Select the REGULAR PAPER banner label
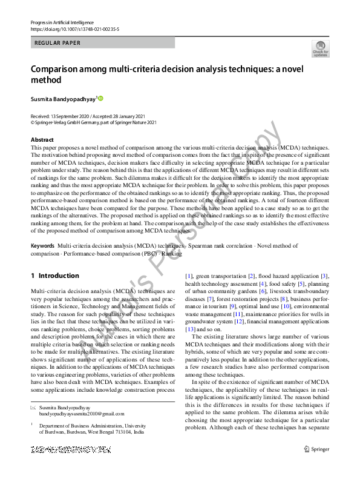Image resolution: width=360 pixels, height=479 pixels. pyautogui.click(x=58, y=43)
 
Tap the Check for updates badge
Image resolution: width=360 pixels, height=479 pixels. pyautogui.click(x=320, y=48)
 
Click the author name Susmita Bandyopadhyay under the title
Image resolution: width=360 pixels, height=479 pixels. pyautogui.click(x=62, y=98)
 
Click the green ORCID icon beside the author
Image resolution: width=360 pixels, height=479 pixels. pyautogui.click(x=100, y=98)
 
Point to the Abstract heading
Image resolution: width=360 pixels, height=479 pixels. pyautogui.click(x=42, y=140)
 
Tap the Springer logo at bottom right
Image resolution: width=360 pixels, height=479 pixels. pyautogui.click(x=317, y=466)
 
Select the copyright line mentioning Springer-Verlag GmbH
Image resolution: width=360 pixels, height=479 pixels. pyautogui.click(x=94, y=122)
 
